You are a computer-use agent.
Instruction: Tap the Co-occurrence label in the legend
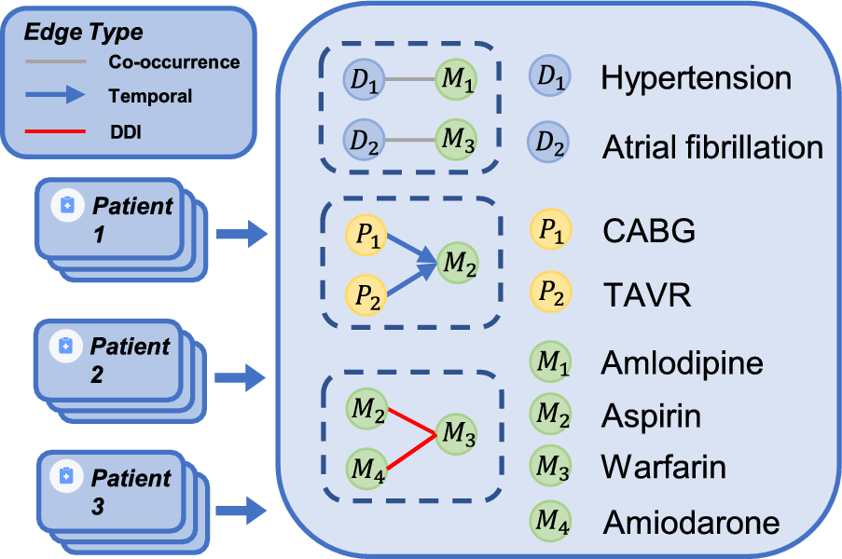point(173,62)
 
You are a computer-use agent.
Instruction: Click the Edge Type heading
point(83,33)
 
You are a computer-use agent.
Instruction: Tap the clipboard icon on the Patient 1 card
point(67,206)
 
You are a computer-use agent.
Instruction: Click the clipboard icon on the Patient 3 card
point(67,476)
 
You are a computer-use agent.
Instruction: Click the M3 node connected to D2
point(457,141)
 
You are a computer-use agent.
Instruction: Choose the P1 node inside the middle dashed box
point(365,233)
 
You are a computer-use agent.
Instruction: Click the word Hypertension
point(696,78)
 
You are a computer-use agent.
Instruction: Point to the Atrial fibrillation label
point(712,146)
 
